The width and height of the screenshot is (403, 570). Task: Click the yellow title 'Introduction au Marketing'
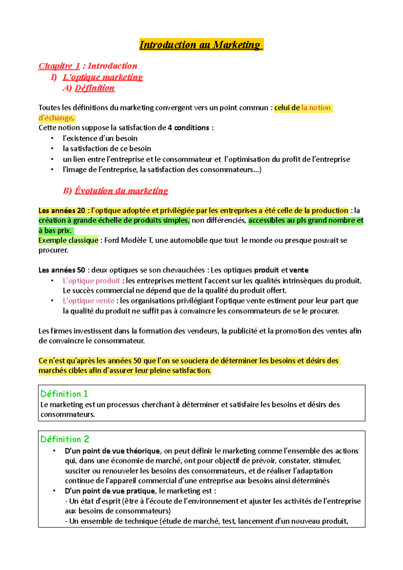tap(201, 45)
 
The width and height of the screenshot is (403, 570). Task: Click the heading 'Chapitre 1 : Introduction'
tap(88, 66)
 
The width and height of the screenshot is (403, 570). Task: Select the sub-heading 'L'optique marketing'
tap(103, 77)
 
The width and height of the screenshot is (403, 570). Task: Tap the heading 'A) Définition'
tap(89, 88)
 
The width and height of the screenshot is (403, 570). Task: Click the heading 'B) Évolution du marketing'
tap(116, 191)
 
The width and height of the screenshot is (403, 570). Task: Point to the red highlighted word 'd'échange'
tap(56, 118)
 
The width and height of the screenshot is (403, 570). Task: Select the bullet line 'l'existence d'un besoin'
tap(100, 138)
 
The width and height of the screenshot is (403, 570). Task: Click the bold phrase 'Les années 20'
tap(62, 211)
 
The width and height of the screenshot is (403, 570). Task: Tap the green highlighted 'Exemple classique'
tap(68, 240)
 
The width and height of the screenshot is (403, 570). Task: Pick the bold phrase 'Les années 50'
tap(62, 270)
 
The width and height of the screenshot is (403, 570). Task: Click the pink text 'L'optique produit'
tap(91, 281)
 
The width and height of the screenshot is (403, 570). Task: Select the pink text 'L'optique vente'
tap(88, 301)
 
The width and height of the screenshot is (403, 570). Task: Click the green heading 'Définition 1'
tap(64, 394)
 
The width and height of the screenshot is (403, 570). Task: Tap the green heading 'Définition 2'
tap(64, 439)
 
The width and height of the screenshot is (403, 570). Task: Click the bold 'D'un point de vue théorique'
tap(112, 451)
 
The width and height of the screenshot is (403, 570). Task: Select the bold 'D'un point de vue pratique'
tap(110, 491)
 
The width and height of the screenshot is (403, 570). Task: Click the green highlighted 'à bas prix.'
tap(55, 231)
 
